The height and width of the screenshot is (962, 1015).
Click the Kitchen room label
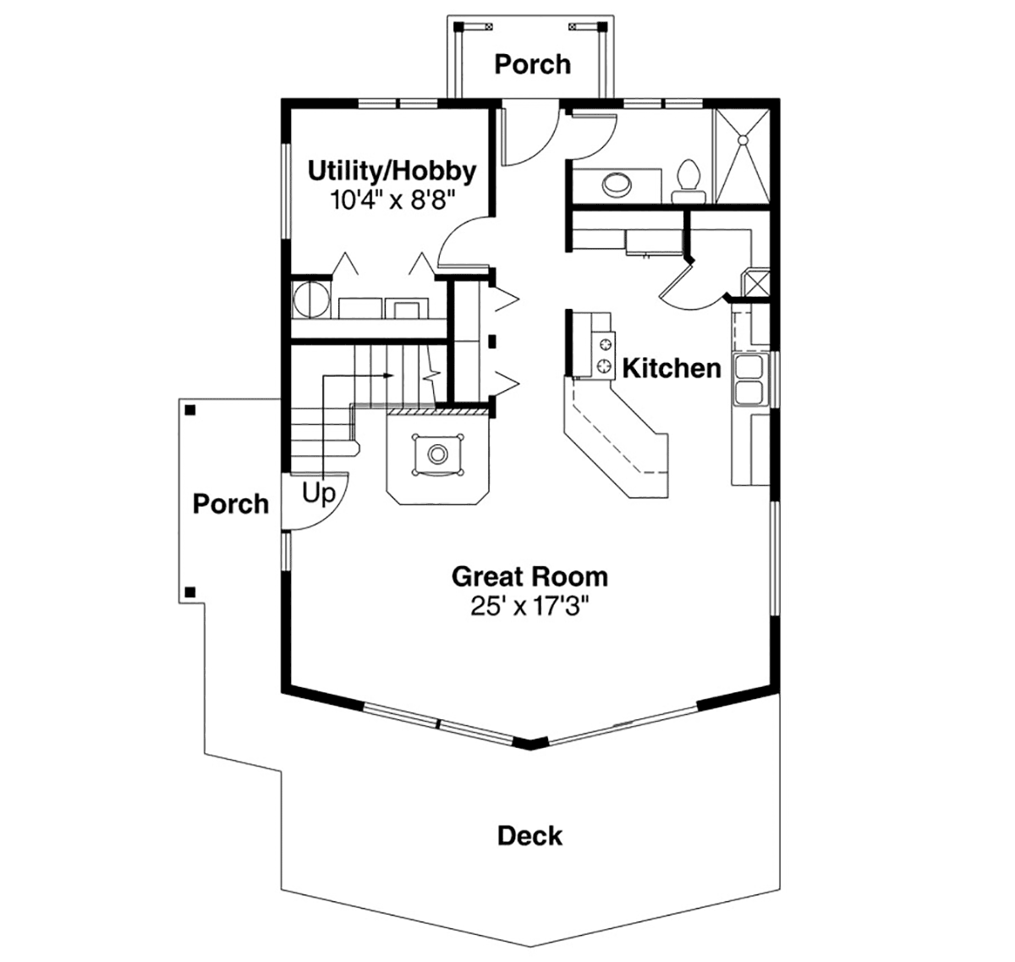[x=672, y=368]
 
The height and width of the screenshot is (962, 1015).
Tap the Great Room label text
[x=529, y=577]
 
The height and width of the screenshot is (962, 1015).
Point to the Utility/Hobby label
[x=392, y=172]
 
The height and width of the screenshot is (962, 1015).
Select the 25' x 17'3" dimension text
[x=529, y=606]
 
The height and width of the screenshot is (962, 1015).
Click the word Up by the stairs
[x=319, y=493]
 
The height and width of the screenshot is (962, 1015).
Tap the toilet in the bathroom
[x=689, y=181]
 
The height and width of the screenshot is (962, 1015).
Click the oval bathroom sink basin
[x=617, y=184]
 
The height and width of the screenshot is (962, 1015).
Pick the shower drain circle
[x=743, y=140]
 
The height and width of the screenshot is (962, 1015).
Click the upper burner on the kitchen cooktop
[x=603, y=343]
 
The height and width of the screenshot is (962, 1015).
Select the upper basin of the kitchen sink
[x=749, y=367]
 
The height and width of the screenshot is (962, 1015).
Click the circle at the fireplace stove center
[x=438, y=454]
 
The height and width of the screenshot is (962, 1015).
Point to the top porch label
[x=533, y=64]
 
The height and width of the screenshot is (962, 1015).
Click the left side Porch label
[x=231, y=503]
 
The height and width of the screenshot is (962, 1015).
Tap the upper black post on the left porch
[x=190, y=410]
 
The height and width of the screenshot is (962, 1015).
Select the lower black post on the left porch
[x=190, y=592]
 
